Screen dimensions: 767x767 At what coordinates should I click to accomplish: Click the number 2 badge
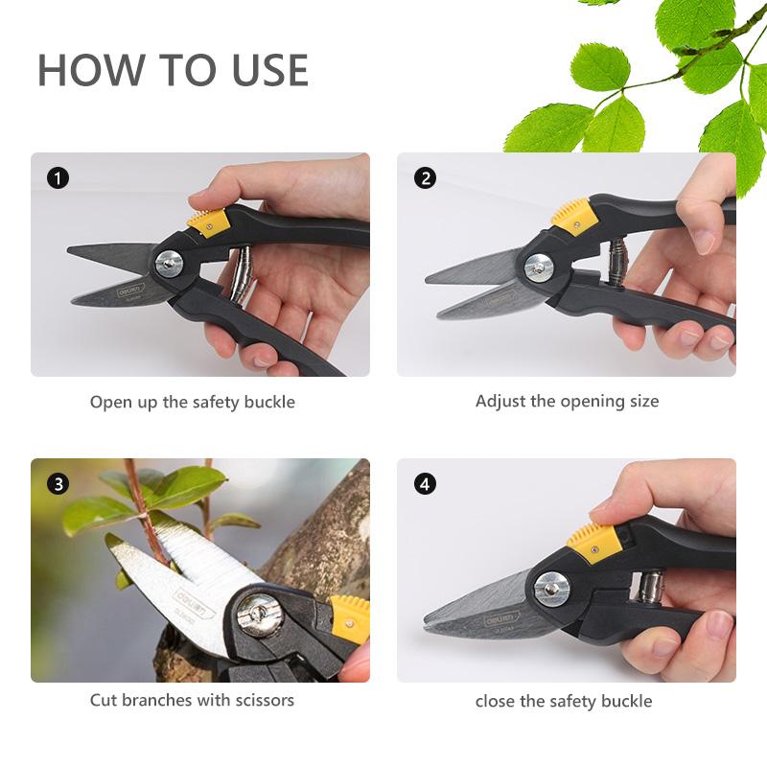[x=424, y=178]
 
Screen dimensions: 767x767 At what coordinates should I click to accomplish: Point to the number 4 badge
[x=424, y=484]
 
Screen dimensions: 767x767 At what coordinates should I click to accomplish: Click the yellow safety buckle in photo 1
[x=208, y=221]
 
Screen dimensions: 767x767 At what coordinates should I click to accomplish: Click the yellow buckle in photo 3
[x=349, y=617]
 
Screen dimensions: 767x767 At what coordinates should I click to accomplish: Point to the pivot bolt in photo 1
[x=170, y=262]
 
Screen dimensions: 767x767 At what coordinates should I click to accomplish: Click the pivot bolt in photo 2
[x=538, y=267]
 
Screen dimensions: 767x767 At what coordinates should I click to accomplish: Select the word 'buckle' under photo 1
[x=269, y=403]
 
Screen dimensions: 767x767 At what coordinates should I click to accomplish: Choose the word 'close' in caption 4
[x=496, y=701]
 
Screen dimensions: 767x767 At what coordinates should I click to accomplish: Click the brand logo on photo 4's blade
[x=500, y=620]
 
